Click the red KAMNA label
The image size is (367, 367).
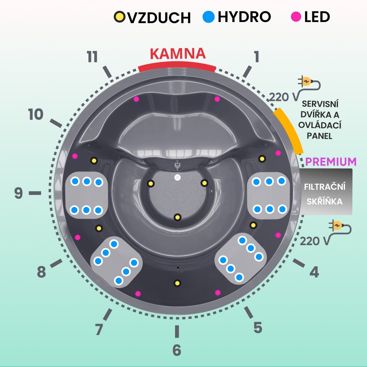pyautogui.click(x=178, y=54)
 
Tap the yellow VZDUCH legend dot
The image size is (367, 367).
pyautogui.click(x=119, y=17)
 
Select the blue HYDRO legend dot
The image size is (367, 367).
pyautogui.click(x=208, y=17)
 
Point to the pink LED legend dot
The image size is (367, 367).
pyautogui.click(x=295, y=17)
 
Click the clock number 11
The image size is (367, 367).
pyautogui.click(x=92, y=57)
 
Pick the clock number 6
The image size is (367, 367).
pyautogui.click(x=177, y=350)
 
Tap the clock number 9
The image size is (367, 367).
pyautogui.click(x=19, y=193)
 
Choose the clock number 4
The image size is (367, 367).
pyautogui.click(x=314, y=272)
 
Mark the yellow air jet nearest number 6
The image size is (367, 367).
pyautogui.click(x=177, y=283)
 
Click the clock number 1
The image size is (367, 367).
pyautogui.click(x=257, y=57)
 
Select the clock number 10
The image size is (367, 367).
pyautogui.click(x=36, y=115)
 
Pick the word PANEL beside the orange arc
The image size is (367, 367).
pyautogui.click(x=319, y=136)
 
